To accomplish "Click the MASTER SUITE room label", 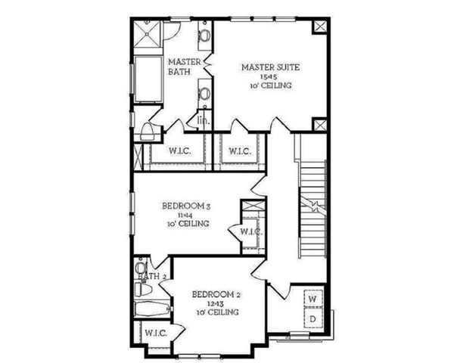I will (270, 67).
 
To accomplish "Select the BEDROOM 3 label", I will (186, 205).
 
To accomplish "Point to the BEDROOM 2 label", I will (216, 294).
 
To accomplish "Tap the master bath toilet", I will (149, 132).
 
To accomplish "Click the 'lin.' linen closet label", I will (202, 119).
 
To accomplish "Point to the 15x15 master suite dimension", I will (270, 76).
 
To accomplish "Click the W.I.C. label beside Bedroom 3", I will (250, 231).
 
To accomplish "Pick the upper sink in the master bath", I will (204, 35).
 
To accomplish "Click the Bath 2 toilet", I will (142, 290).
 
